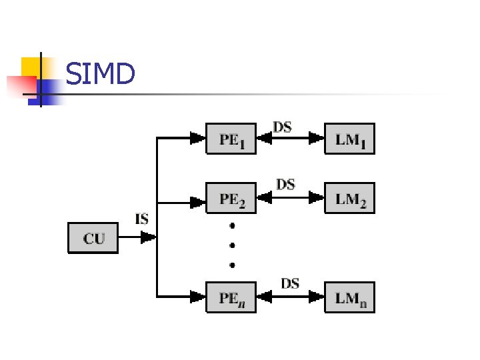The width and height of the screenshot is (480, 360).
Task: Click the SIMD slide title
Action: tap(101, 74)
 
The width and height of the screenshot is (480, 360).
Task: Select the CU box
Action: tap(93, 238)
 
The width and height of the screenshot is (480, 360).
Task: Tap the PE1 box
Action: tap(231, 139)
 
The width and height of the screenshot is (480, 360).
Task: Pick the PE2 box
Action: tap(231, 198)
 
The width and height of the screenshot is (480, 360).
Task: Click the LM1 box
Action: tap(349, 139)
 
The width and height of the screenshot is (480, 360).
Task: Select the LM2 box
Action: tap(349, 198)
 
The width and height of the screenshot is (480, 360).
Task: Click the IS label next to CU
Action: tap(141, 219)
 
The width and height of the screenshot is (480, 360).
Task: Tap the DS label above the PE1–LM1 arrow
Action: tap(283, 127)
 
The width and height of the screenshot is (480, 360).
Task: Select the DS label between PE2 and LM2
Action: tap(285, 183)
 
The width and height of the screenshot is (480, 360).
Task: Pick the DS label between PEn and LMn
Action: tap(289, 283)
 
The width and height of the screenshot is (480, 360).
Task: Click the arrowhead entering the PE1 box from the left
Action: tap(197, 139)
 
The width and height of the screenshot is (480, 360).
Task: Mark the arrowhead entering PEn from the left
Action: tap(197, 297)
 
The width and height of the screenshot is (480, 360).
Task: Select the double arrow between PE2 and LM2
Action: tap(290, 198)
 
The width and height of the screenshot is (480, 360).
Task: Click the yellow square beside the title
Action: tap(31, 66)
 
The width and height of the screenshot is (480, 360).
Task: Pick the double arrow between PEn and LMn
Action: tap(290, 297)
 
